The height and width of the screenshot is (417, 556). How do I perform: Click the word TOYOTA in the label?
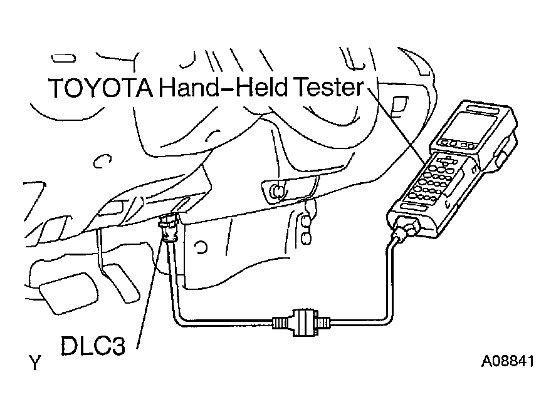point(100,88)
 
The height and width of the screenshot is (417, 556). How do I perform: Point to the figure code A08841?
point(508,362)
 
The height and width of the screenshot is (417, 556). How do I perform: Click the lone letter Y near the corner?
point(35,362)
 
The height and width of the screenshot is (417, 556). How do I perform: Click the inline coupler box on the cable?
point(302,323)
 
